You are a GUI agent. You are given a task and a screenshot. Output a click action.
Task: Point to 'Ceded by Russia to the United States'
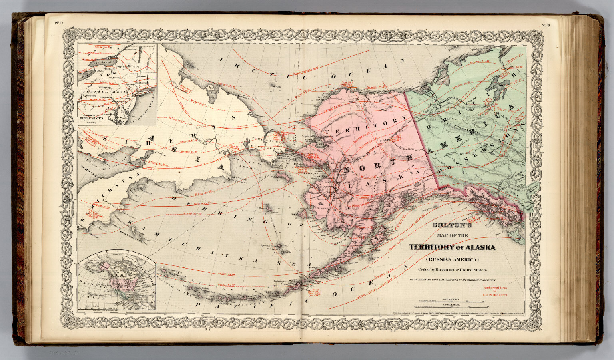(x=453, y=270)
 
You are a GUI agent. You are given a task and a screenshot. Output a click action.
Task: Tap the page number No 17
(x=59, y=22)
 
